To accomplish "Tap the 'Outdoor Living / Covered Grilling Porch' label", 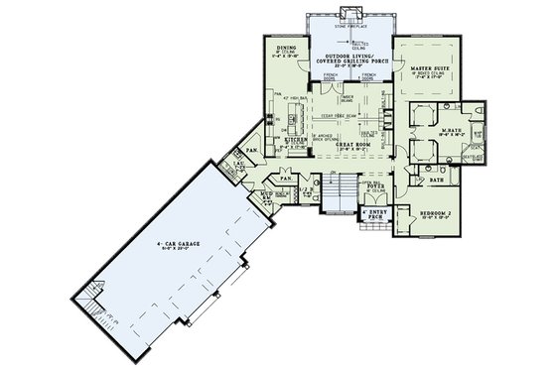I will tap(348, 60).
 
